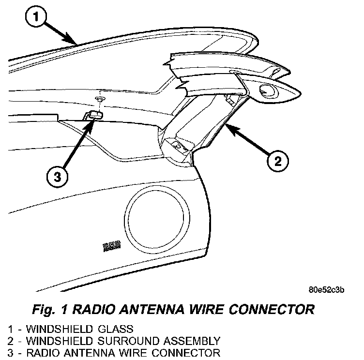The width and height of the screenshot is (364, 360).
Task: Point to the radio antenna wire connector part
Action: [93, 115]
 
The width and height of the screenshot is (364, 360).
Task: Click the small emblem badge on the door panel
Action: [111, 247]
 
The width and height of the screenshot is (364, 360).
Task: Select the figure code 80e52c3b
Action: [327, 290]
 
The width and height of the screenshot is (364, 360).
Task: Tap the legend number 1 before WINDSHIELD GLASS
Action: [5, 330]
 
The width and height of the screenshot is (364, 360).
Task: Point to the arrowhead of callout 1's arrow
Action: [76, 43]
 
